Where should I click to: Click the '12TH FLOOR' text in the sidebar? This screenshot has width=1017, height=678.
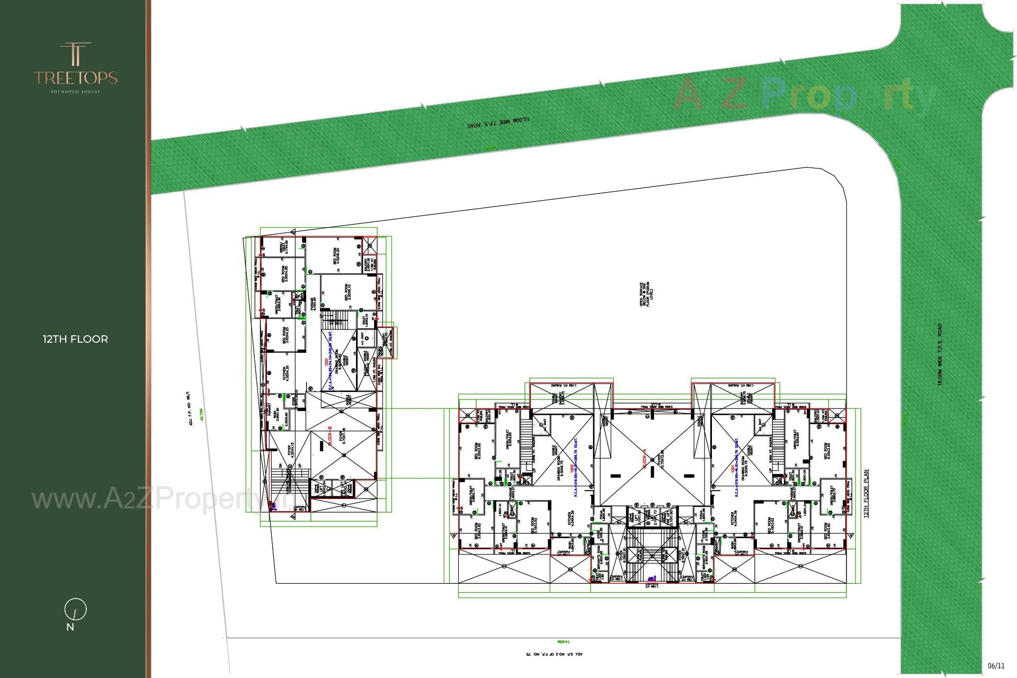pyautogui.click(x=75, y=339)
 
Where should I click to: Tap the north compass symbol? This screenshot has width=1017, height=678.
pyautogui.click(x=75, y=610)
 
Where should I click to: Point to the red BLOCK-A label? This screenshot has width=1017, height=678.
pyautogui.click(x=645, y=459)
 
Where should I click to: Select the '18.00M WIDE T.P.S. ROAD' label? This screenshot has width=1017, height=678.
pyautogui.click(x=940, y=355)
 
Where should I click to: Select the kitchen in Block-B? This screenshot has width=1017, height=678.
pyautogui.click(x=286, y=372)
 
